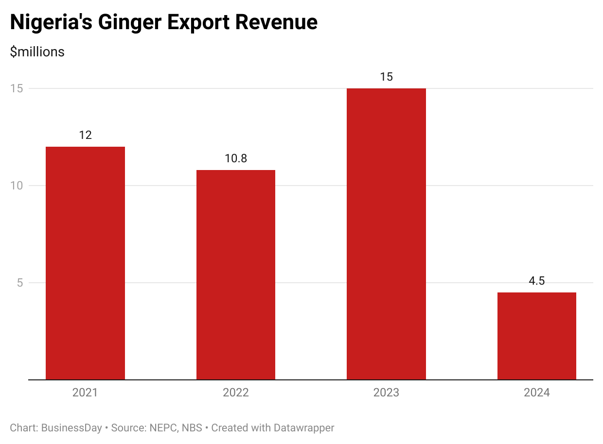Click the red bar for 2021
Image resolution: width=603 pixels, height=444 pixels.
click(x=85, y=263)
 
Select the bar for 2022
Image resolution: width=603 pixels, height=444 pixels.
click(x=236, y=274)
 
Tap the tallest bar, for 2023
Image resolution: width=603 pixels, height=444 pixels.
click(x=386, y=234)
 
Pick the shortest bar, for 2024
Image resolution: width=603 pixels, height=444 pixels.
click(x=536, y=336)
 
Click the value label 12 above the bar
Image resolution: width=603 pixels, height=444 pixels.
click(x=85, y=135)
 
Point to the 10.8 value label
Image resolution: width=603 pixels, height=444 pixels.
click(x=236, y=158)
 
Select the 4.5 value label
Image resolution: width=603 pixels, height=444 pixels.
click(x=536, y=281)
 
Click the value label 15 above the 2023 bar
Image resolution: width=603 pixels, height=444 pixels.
click(x=386, y=77)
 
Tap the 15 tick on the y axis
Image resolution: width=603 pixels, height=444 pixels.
click(x=19, y=88)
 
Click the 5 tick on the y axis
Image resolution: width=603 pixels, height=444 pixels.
click(x=20, y=283)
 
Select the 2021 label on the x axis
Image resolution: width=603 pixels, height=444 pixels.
click(x=85, y=393)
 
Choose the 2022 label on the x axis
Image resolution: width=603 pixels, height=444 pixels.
click(x=236, y=393)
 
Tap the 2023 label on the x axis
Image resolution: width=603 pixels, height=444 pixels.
click(x=386, y=393)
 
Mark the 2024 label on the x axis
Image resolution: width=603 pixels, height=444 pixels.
click(x=536, y=393)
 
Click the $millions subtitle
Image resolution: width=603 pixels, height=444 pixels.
click(x=37, y=51)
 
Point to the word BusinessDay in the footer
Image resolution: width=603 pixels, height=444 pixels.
click(x=71, y=428)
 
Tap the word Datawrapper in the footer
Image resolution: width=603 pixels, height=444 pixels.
click(x=304, y=428)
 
